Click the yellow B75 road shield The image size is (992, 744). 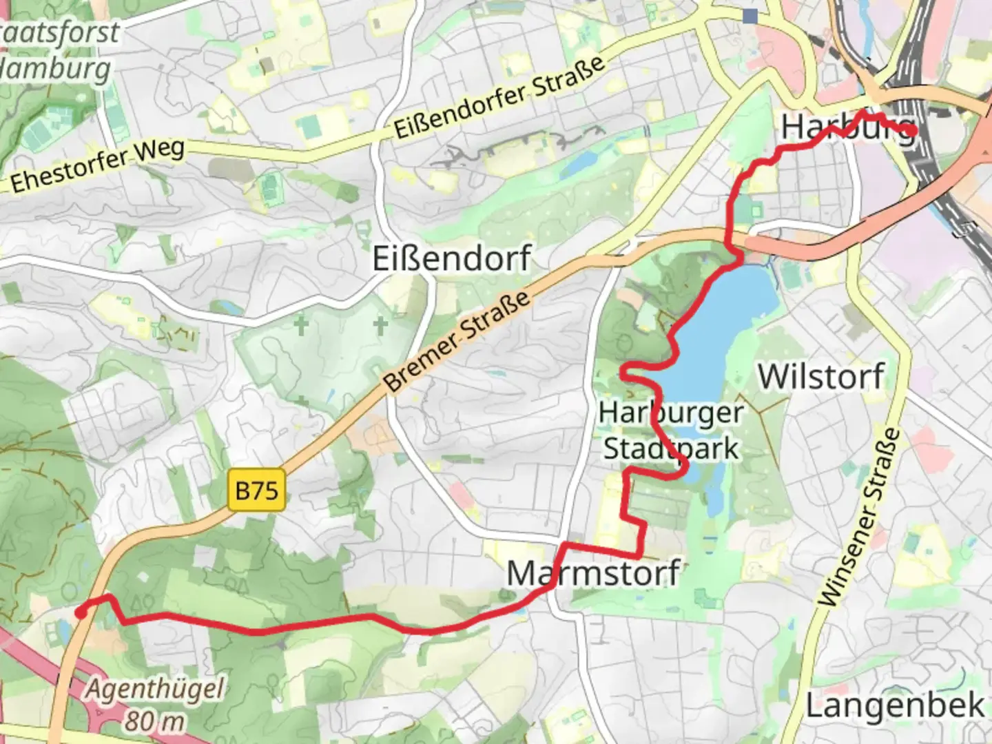[x=256, y=490]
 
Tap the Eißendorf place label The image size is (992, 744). [x=451, y=259]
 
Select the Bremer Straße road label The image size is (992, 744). [x=457, y=340]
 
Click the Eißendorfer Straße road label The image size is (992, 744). [x=499, y=97]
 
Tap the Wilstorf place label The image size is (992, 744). [x=821, y=377]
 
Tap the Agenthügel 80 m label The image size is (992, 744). [x=156, y=704]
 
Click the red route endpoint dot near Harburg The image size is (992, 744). [x=910, y=130]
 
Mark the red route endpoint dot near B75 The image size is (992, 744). [x=81, y=612]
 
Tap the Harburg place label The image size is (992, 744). [x=847, y=128]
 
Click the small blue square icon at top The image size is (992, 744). [x=750, y=16]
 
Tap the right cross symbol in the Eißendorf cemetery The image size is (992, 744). [x=380, y=324]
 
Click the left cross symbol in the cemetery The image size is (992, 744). [x=301, y=326]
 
